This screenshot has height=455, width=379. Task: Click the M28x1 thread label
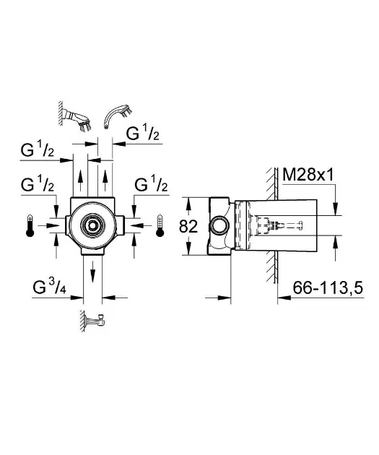coord(308,175)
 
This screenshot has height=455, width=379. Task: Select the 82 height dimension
coord(188,226)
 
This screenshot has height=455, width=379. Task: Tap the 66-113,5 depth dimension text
coord(328,288)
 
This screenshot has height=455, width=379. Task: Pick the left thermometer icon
coord(30,226)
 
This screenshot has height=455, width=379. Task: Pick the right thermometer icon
coord(160,226)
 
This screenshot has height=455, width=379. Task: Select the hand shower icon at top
coord(118,117)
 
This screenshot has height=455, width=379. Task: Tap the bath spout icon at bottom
coord(93,321)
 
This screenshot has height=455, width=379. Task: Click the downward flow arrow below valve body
coord(92,272)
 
